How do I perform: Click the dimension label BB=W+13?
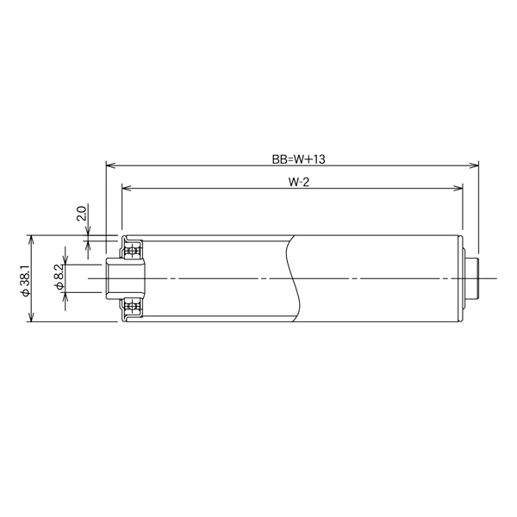coord(291,159)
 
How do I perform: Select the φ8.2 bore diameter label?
coord(58,278)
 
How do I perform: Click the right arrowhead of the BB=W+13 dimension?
coord(475,165)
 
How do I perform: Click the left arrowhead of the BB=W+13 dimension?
coord(109,165)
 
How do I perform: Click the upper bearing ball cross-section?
coord(133,249)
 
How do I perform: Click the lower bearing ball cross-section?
coord(133,307)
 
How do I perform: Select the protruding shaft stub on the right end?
coord(471,277)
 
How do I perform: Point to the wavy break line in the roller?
coord(293,277)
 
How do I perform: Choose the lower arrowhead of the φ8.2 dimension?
coord(65,291)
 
